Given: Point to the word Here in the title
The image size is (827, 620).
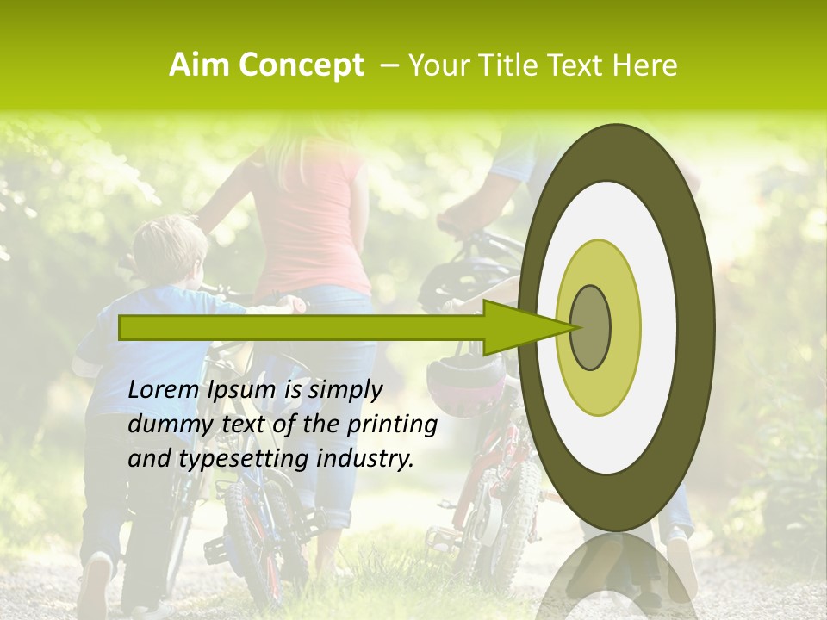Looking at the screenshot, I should click(x=646, y=65).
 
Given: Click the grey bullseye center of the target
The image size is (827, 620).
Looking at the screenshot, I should click(x=590, y=327).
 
